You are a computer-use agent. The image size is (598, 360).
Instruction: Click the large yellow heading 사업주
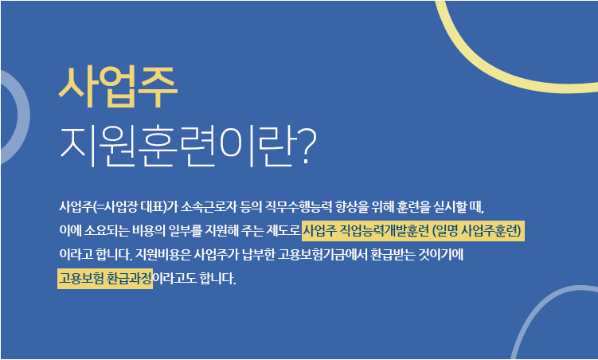point(118,87)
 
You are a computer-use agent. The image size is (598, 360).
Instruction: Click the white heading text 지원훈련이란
point(178,147)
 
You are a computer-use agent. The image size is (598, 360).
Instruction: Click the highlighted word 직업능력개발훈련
point(384,231)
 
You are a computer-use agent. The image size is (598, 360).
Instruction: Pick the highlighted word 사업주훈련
point(491,231)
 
